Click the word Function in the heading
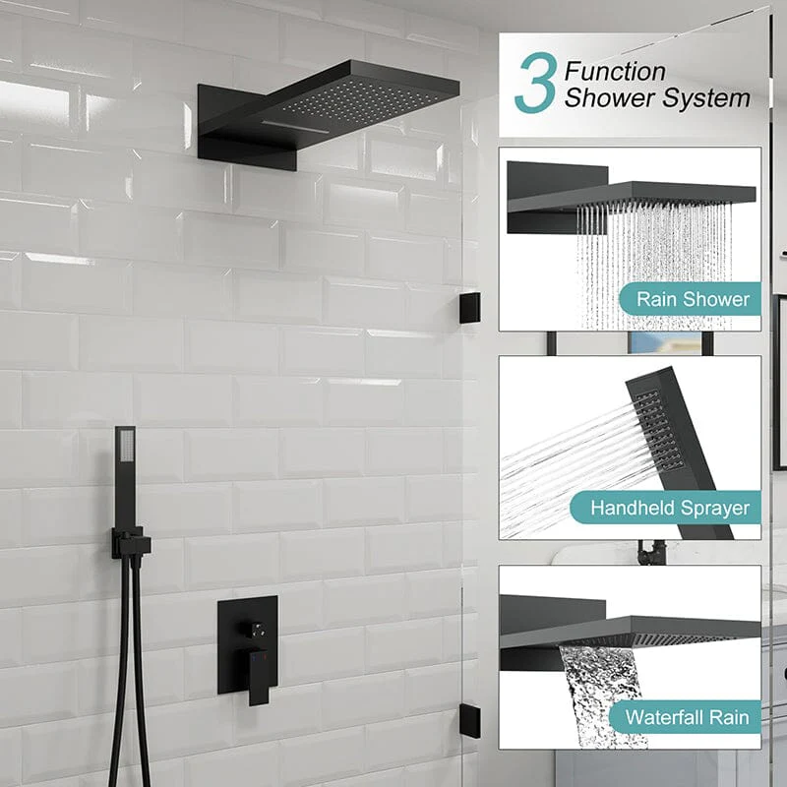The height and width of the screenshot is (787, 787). [x=615, y=71]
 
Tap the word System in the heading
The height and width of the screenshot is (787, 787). [x=708, y=98]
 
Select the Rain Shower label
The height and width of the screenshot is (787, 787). [x=693, y=299]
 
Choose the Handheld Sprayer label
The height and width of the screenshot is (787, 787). [x=669, y=509]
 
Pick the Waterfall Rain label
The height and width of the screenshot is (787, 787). [x=686, y=717]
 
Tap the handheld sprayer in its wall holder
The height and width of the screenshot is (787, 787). [x=125, y=472]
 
